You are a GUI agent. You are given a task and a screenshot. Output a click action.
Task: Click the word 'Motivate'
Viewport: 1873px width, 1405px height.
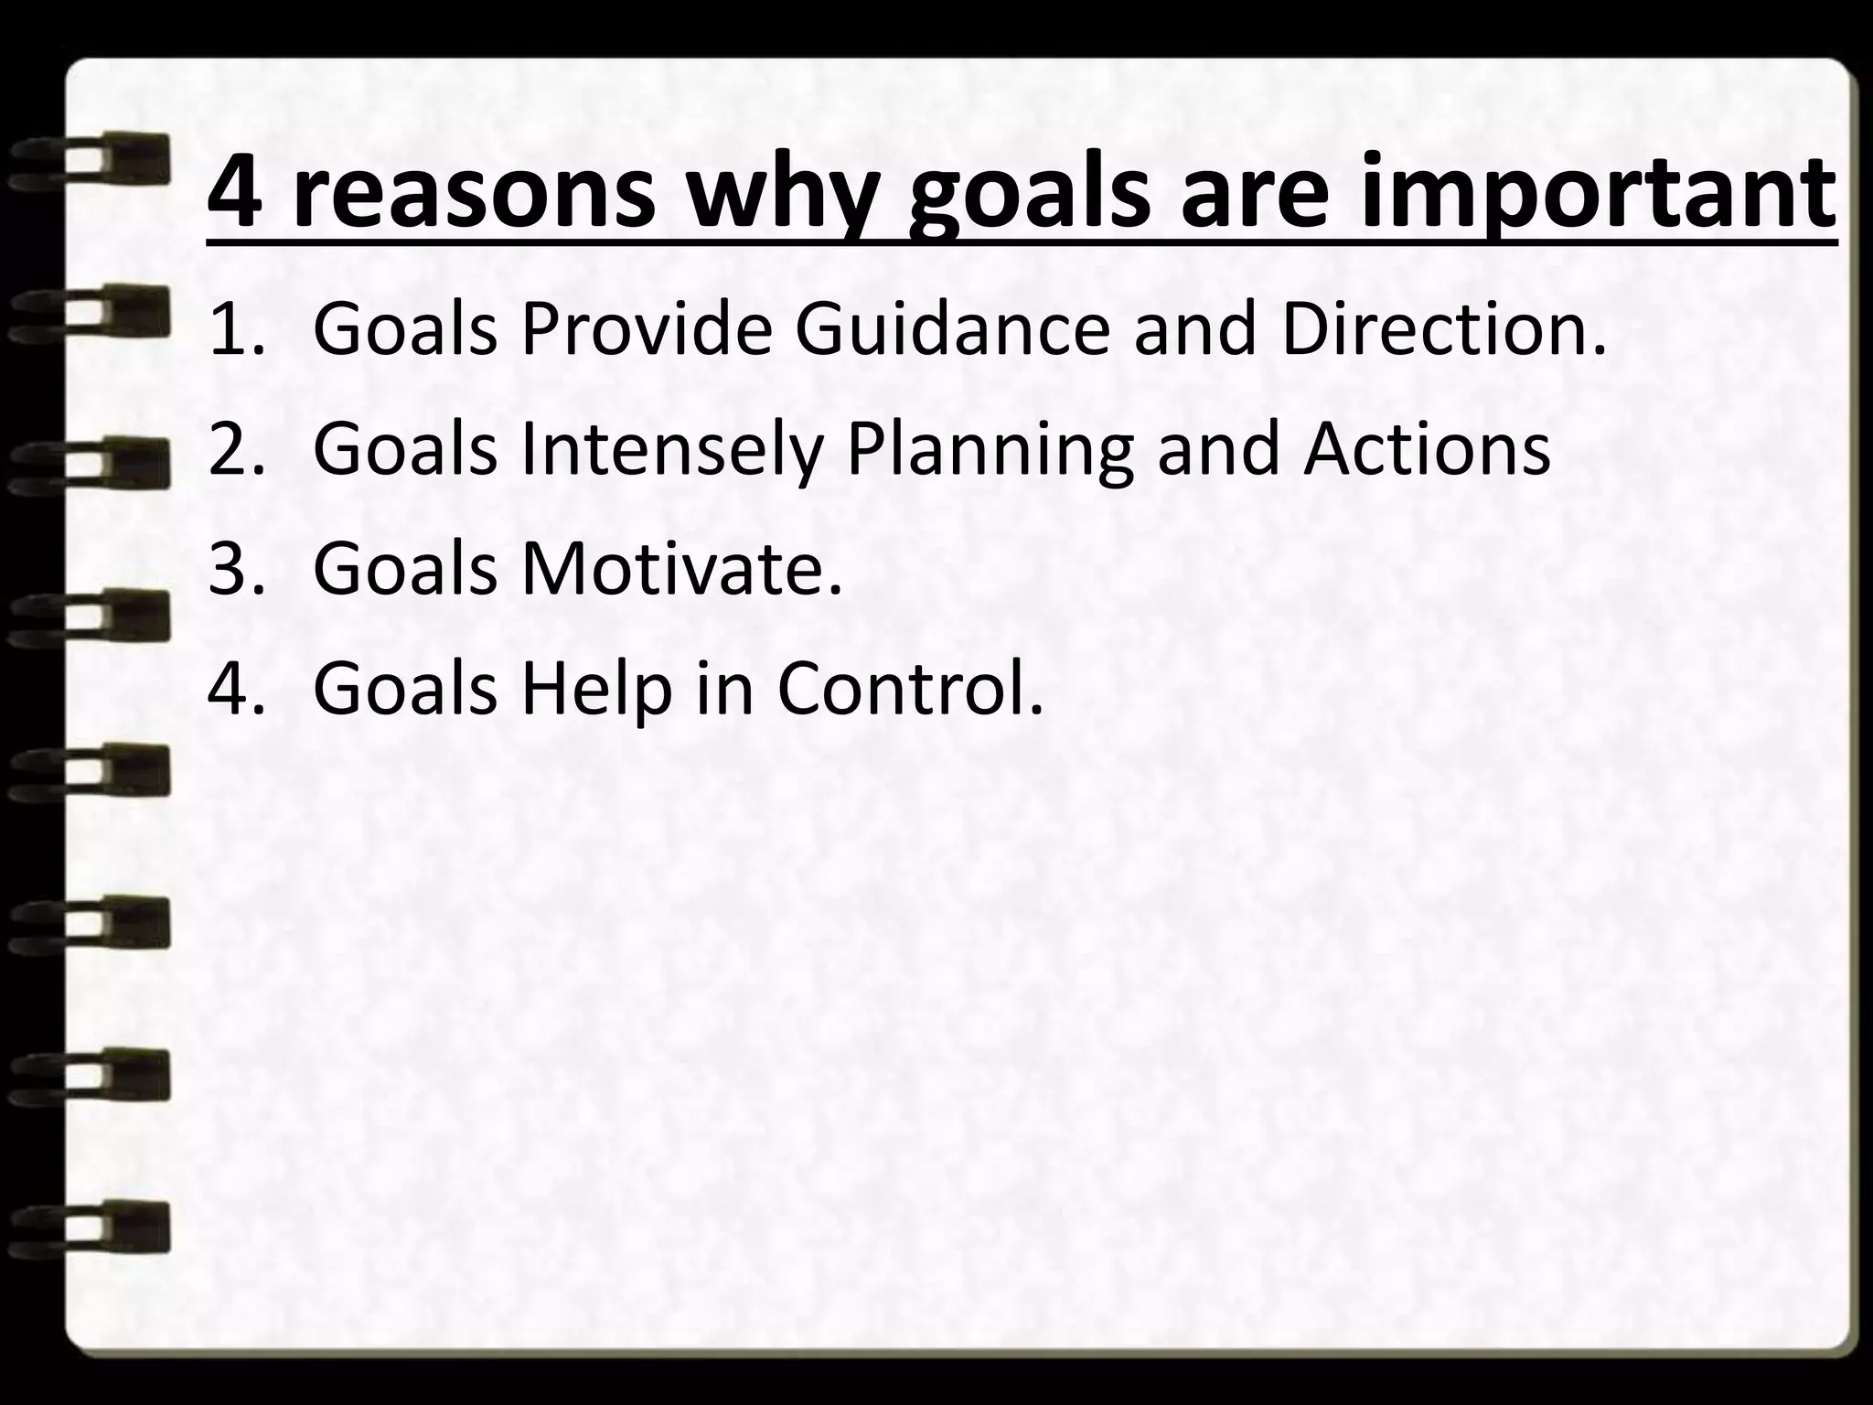[681, 568]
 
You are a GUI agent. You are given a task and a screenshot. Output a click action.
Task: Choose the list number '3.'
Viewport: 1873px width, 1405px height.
[236, 568]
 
